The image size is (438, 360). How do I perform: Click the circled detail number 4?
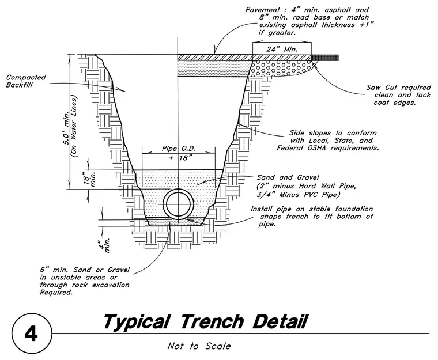(32, 334)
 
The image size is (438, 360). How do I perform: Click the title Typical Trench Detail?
(206, 322)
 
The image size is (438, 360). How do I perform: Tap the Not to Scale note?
(199, 346)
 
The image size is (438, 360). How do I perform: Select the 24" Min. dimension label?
(282, 49)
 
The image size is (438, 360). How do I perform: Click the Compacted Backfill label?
(26, 81)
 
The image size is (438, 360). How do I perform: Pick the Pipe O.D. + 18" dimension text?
(179, 153)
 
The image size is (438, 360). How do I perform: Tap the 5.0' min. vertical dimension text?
(66, 128)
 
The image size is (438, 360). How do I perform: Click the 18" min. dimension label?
(89, 179)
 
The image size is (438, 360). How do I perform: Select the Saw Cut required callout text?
(399, 95)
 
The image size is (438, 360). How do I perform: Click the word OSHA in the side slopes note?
(316, 148)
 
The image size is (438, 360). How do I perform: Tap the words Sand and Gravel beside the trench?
(288, 177)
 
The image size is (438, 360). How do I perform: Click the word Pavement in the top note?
(263, 10)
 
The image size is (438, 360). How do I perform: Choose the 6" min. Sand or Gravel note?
(85, 281)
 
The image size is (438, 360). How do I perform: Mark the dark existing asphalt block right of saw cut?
(325, 58)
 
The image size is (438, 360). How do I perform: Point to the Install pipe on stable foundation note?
(312, 217)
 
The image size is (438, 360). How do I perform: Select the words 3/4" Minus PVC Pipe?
(299, 194)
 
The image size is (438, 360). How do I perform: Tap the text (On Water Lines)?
(74, 127)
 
